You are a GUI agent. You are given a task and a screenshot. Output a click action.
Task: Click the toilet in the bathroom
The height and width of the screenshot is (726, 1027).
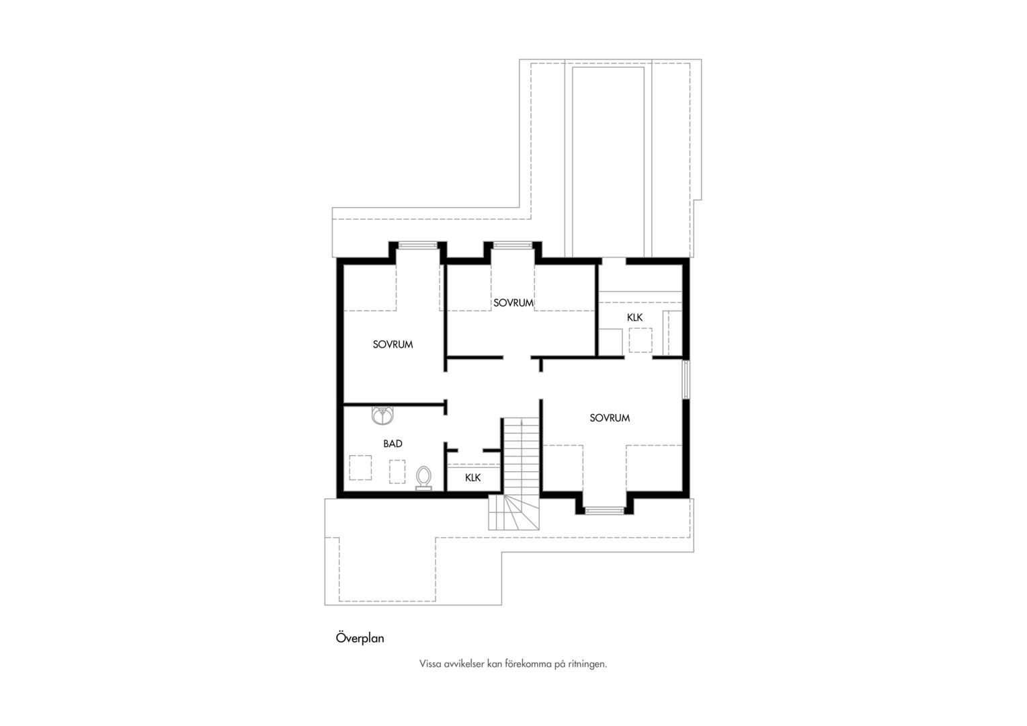click(423, 478)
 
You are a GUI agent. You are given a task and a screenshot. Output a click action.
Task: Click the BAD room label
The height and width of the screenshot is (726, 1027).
click(393, 444)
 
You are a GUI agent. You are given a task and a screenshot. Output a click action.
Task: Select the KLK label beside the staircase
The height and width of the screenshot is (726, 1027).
click(473, 477)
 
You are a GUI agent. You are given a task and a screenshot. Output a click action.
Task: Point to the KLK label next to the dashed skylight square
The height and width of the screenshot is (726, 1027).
click(635, 317)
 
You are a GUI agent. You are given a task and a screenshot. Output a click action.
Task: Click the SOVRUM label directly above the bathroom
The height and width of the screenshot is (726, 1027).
click(393, 344)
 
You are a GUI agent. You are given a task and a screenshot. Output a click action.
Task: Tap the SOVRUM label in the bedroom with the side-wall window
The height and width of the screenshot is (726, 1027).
click(610, 418)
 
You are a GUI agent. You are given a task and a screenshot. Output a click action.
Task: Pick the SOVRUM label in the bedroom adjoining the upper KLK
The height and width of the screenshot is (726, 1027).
click(513, 302)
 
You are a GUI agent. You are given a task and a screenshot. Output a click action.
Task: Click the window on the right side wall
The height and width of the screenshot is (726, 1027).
click(686, 379)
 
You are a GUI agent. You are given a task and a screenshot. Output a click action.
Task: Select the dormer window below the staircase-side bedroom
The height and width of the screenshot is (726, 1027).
click(605, 510)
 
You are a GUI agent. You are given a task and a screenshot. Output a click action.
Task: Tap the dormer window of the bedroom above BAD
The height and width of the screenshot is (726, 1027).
click(417, 245)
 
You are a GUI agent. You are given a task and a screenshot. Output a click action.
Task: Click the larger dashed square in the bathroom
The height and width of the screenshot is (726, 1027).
click(360, 467)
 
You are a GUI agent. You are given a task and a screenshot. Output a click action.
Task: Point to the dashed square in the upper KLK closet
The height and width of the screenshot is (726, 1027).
click(640, 340)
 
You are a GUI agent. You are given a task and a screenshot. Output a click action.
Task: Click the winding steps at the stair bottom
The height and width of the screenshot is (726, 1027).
click(513, 512)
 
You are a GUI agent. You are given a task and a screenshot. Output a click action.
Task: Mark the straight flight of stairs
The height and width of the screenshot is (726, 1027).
click(522, 456)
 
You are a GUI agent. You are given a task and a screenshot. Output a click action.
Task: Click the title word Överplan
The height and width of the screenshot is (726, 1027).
click(360, 638)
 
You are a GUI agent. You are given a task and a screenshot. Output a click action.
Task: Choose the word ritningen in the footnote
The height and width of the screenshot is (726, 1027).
click(587, 664)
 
